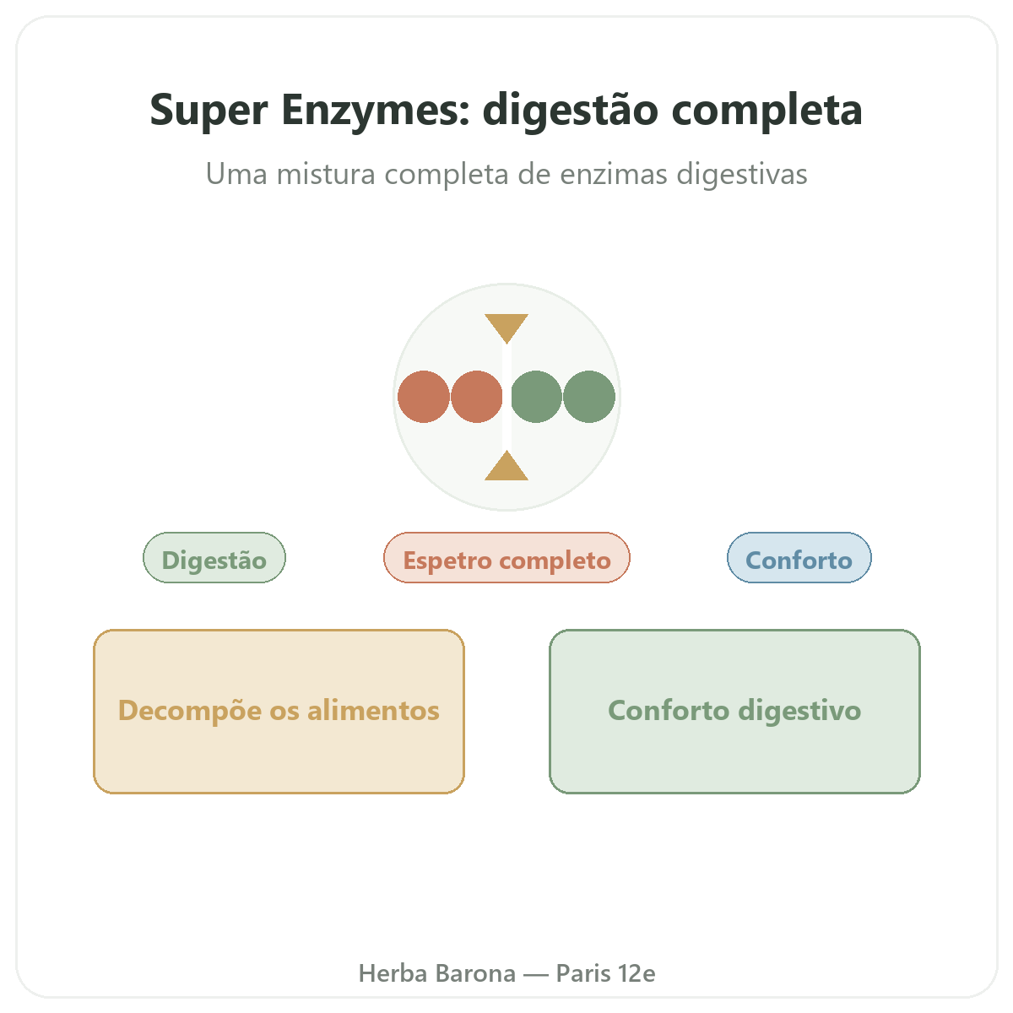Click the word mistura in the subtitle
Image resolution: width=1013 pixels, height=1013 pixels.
(325, 174)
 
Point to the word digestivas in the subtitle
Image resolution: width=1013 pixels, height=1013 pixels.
(742, 176)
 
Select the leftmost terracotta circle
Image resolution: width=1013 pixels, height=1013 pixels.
(424, 397)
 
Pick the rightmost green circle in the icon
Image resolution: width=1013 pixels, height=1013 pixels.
(589, 397)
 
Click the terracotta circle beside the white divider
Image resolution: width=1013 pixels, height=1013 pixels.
(477, 397)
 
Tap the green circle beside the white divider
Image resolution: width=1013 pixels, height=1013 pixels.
(536, 397)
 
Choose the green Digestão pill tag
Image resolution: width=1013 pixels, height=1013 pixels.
(214, 558)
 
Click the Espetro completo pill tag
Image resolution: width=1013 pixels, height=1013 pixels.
(506, 558)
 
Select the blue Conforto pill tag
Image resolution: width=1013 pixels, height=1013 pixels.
(799, 558)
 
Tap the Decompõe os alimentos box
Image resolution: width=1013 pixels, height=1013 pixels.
(279, 712)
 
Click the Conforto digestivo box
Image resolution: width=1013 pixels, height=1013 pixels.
(735, 712)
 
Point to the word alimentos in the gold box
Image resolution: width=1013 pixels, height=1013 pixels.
(373, 711)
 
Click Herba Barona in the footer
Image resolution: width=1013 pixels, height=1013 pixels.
(436, 973)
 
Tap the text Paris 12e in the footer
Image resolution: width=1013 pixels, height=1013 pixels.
(605, 973)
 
